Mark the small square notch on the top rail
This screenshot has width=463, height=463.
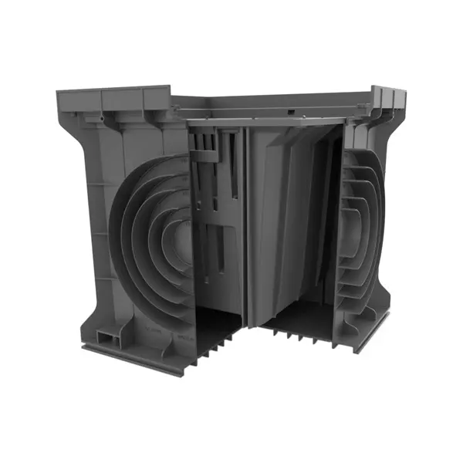[291, 112]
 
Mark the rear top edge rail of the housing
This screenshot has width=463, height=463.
[270, 101]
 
